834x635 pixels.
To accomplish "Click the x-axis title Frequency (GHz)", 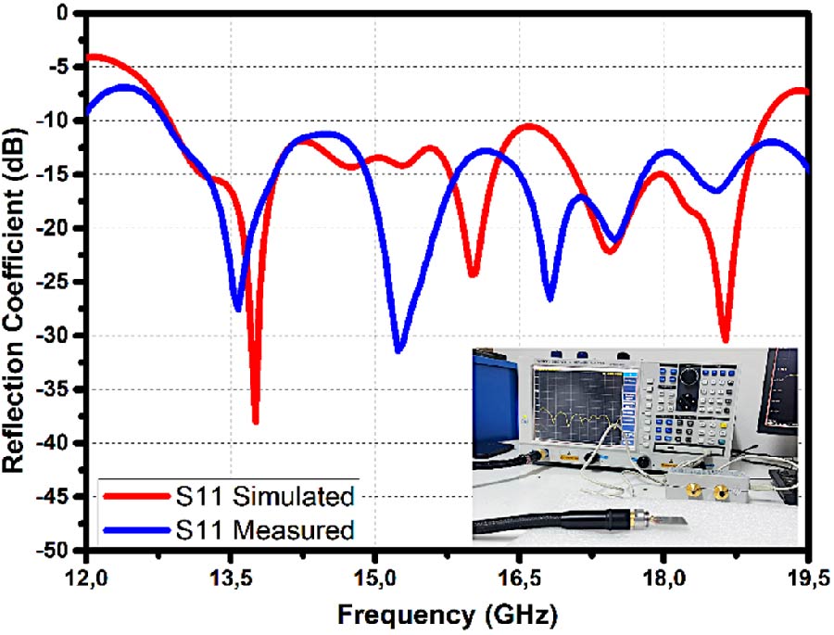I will tap(447, 614).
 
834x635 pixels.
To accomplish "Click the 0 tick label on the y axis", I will tap(63, 13).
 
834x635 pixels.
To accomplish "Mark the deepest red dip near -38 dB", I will tap(255, 422).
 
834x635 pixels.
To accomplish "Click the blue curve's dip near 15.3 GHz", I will tap(398, 350).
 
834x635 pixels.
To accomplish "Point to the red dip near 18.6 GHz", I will tap(725, 340).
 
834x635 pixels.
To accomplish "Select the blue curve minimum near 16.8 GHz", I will tap(550, 298).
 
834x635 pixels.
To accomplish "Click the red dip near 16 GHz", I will tap(473, 275).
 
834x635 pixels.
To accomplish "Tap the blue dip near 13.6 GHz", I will tap(237, 309).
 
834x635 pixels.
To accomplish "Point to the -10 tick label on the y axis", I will tap(57, 121).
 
